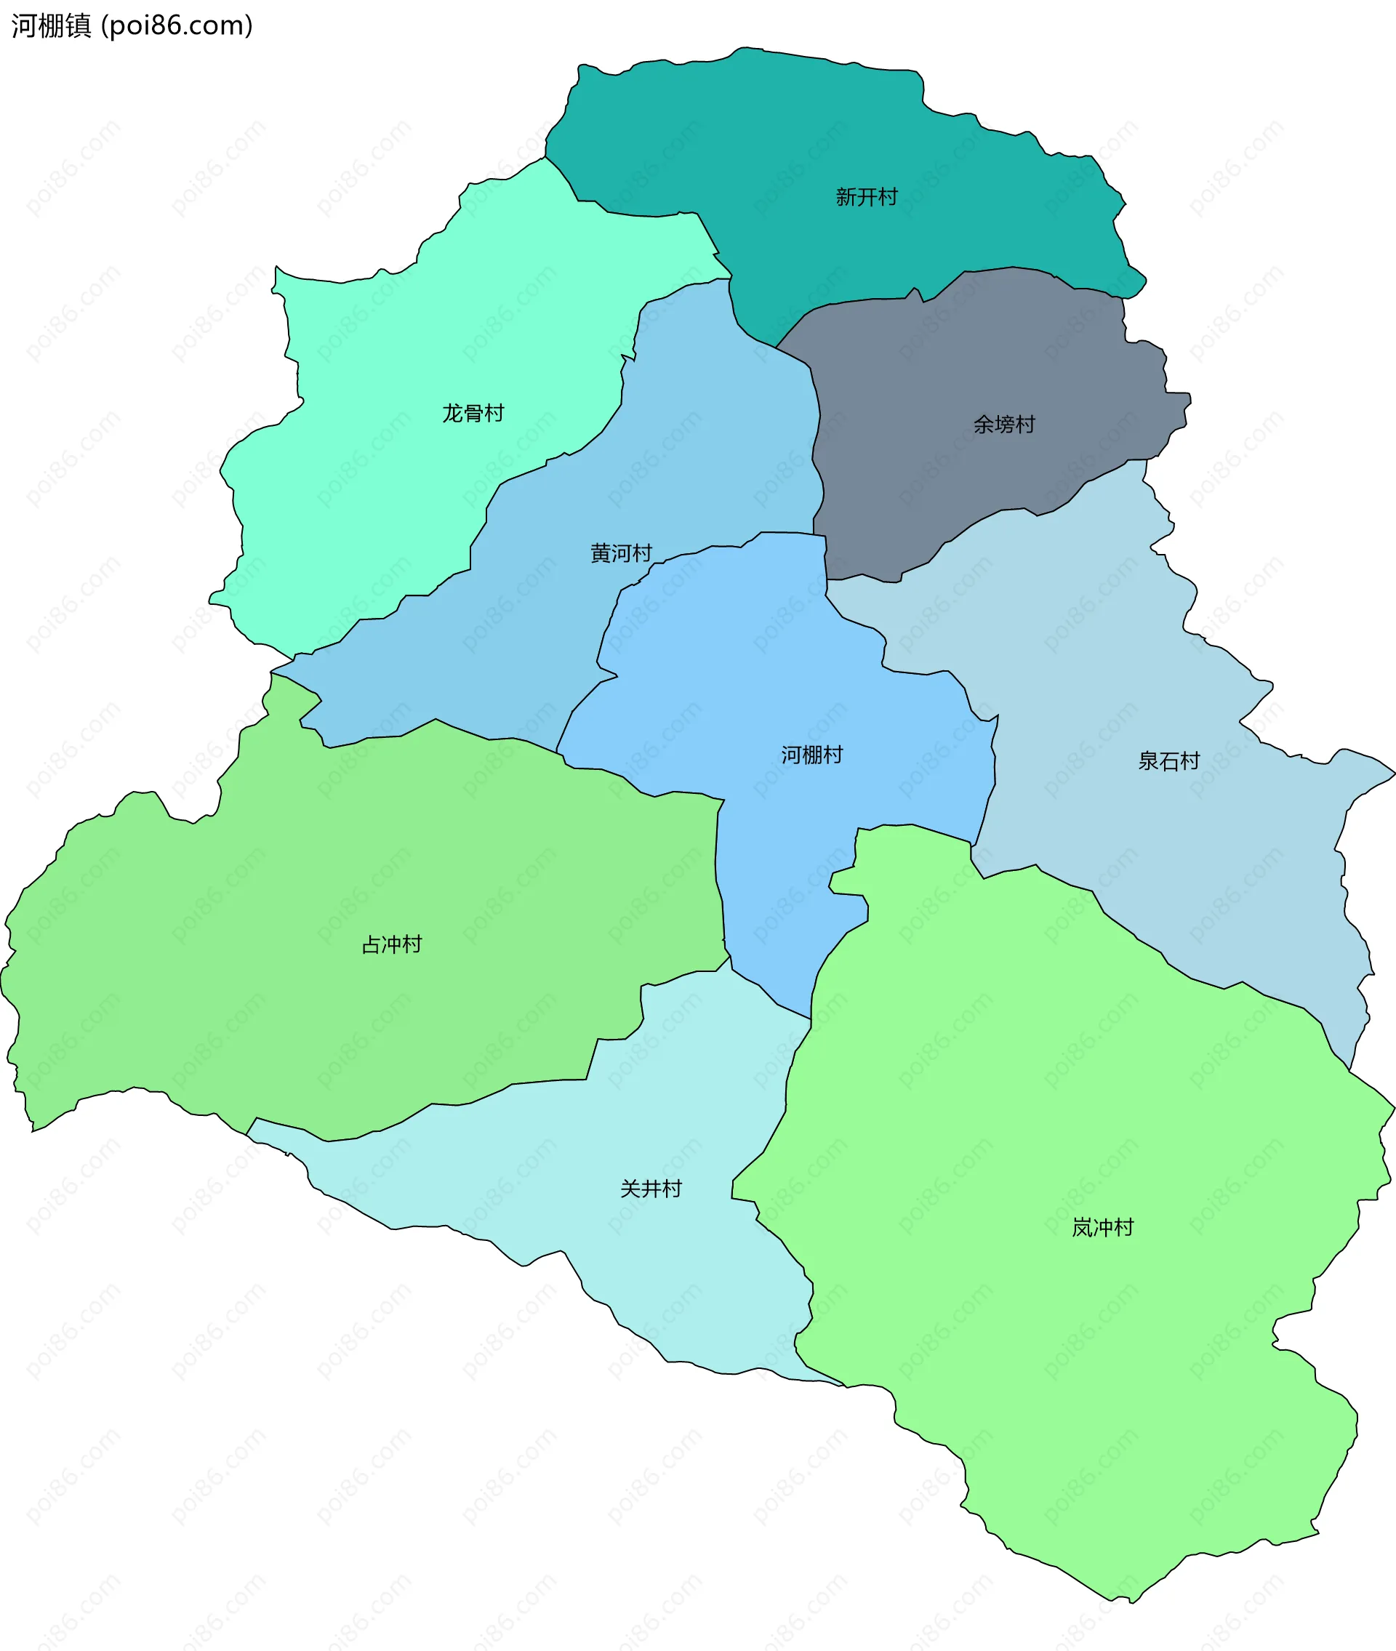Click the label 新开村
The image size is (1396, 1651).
(x=867, y=197)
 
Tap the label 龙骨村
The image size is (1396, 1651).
(x=473, y=413)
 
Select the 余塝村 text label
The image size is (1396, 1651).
(x=1003, y=425)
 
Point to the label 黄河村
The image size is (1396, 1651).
(x=621, y=553)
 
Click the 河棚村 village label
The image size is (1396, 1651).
(x=812, y=755)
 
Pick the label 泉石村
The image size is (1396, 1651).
(x=1169, y=761)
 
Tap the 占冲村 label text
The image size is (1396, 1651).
(x=392, y=944)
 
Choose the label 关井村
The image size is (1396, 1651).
(x=651, y=1189)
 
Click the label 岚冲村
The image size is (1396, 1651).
(x=1102, y=1228)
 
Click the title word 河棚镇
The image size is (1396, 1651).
(x=52, y=26)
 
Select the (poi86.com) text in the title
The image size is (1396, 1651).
(x=177, y=26)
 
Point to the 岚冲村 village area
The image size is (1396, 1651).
(x=1068, y=1384)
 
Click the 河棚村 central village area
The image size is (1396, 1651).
(x=752, y=672)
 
